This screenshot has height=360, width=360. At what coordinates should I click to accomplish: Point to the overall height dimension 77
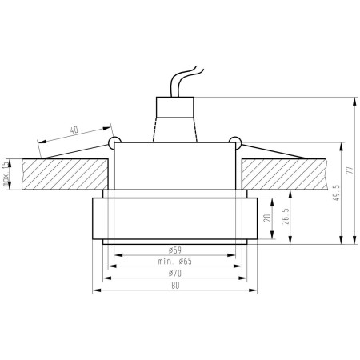pos(349,171)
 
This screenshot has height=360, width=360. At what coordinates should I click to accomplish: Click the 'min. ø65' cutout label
pos(174,262)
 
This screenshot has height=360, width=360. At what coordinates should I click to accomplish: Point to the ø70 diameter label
pos(174,273)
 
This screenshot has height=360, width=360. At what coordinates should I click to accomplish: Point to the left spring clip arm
pos(76,151)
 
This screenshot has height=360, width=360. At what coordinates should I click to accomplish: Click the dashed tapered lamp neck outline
pos(174,128)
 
